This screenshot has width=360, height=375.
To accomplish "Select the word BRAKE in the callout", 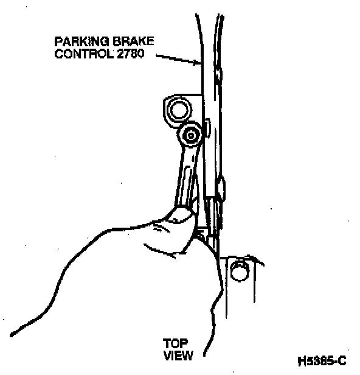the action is tap(133, 41).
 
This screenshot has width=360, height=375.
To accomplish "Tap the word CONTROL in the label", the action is tap(84, 54).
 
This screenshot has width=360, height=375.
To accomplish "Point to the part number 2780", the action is tap(131, 54).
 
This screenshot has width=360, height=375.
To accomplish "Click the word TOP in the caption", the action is tap(175, 344).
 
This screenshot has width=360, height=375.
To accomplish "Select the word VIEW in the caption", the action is tap(178, 356).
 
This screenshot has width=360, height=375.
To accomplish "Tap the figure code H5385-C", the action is tap(322, 360).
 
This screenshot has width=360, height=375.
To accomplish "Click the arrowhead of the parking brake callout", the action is tap(198, 63).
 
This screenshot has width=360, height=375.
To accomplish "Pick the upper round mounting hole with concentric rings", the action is tap(179, 110).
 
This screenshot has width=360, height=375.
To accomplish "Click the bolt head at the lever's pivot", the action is tap(190, 136).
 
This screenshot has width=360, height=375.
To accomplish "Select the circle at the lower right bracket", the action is tap(240, 272).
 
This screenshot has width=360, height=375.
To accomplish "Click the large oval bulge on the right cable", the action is tap(221, 188).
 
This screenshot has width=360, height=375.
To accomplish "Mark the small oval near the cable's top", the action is tap(218, 74).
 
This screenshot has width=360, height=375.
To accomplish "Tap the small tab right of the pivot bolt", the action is tap(207, 128).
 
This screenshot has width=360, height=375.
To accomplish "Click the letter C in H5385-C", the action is tap(342, 360).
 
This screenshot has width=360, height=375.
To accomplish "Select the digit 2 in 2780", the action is tap(120, 54).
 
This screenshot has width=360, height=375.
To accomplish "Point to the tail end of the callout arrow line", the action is tap(156, 55).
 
